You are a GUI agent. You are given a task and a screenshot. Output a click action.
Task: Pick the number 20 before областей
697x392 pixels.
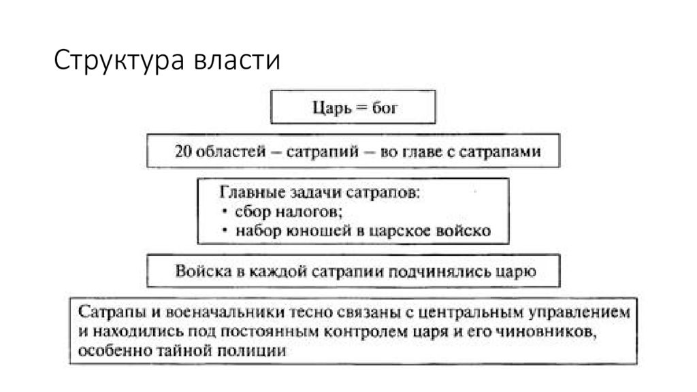click(182, 151)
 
